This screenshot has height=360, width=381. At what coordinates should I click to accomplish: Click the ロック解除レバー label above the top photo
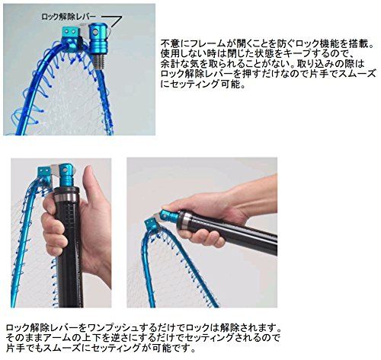pos(69,17)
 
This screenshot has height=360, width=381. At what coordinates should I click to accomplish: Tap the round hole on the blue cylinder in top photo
pos(95,32)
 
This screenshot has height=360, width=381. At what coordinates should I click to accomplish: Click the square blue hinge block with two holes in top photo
pos(70,37)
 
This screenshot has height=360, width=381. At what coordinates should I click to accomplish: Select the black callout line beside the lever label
pos(112,21)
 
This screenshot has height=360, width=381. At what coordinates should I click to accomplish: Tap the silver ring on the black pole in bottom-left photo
pos(66,197)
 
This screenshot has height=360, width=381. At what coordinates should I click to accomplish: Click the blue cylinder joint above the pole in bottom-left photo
pos(66,176)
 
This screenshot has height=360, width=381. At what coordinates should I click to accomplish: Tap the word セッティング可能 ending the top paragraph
pos(204,84)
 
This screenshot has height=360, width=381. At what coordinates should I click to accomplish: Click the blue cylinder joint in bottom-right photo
pos(170,216)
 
